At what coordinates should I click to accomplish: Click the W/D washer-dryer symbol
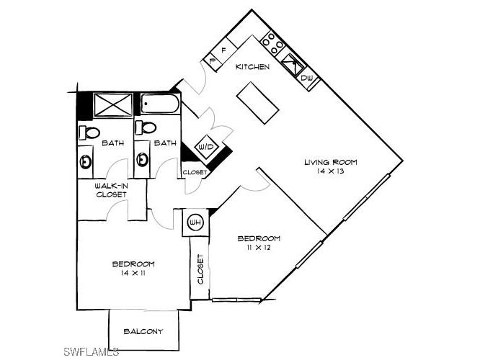[x=208, y=148]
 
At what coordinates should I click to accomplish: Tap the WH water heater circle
[x=194, y=222]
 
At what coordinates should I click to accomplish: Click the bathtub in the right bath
[x=160, y=105]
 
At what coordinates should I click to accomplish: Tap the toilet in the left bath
[x=89, y=132]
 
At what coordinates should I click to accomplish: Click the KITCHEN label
[x=253, y=67]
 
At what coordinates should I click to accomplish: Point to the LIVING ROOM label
[x=330, y=162]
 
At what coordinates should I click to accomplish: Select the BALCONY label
[x=143, y=331]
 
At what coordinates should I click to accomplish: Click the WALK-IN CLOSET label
[x=112, y=190]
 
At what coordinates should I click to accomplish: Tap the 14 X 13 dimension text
[x=330, y=173]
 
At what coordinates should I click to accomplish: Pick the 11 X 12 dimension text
[x=259, y=248]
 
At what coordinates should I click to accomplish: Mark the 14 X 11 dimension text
[x=133, y=274]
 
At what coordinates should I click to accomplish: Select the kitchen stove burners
[x=273, y=45]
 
